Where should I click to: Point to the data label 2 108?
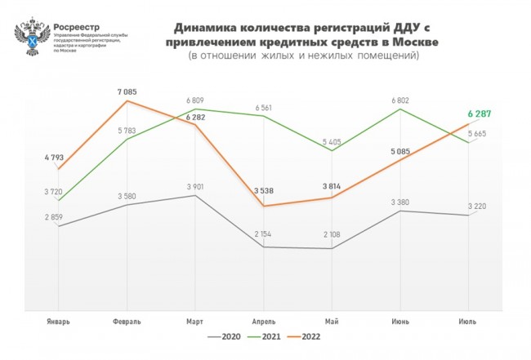332,236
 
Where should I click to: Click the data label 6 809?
195,100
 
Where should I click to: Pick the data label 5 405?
332,141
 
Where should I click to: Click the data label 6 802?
400,100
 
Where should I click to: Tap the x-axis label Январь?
59,322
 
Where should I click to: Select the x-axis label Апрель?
263,322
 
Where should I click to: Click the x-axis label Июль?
468,322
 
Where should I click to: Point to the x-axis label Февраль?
127,322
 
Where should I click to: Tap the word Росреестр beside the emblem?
78,24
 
